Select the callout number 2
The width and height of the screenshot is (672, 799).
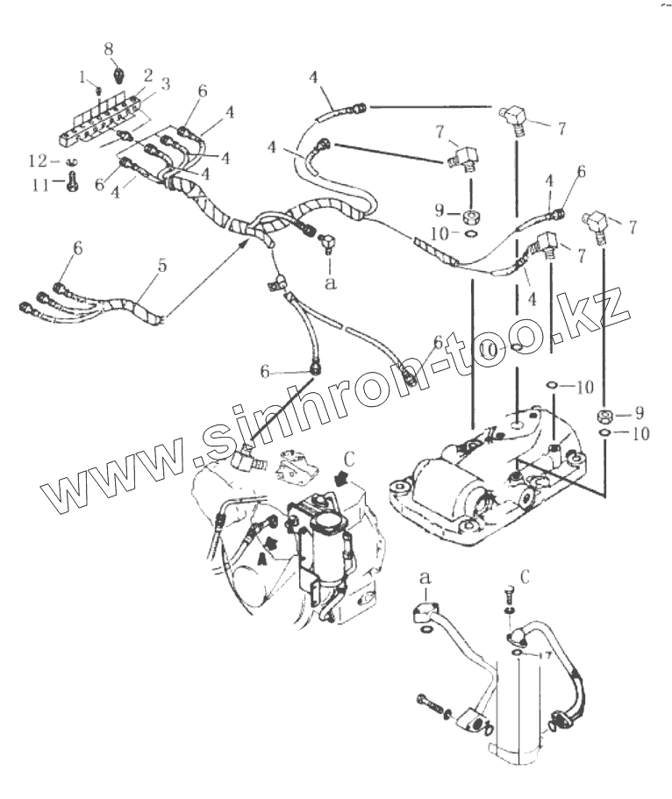point(148,75)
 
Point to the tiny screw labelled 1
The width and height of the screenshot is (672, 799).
point(100,90)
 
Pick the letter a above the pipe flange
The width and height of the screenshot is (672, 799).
point(425,577)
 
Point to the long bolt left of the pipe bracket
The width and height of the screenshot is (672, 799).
point(429,704)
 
